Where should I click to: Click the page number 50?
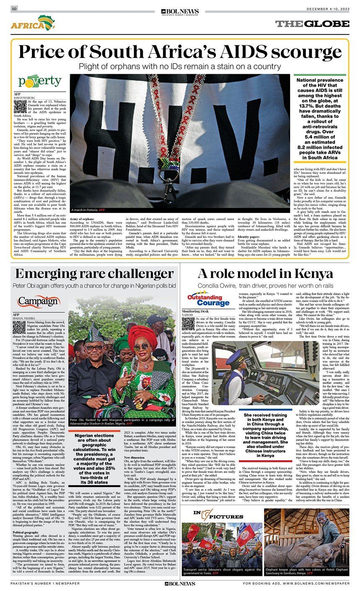(x=14, y=9)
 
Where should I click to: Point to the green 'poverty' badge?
(x=39, y=81)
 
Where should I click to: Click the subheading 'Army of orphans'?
(x=82, y=219)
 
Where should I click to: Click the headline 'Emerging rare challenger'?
(x=94, y=274)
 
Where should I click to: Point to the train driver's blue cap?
(x=233, y=358)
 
